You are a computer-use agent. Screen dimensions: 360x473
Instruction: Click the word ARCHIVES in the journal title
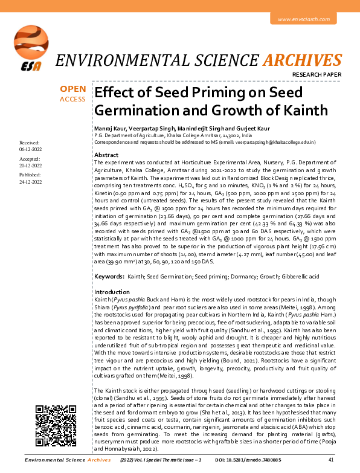click(x=303, y=61)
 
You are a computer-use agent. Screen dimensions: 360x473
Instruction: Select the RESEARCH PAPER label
click(x=317, y=74)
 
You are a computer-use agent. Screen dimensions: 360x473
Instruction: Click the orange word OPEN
click(x=72, y=89)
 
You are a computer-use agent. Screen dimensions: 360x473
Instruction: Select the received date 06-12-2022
click(x=30, y=148)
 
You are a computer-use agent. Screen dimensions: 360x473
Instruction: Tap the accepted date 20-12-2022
click(x=30, y=165)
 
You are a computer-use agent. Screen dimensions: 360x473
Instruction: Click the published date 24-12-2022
click(x=30, y=181)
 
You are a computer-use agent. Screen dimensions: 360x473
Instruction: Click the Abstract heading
click(x=106, y=155)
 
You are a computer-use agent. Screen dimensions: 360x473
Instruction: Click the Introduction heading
click(x=112, y=292)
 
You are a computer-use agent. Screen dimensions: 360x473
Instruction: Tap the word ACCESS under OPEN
click(x=72, y=98)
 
